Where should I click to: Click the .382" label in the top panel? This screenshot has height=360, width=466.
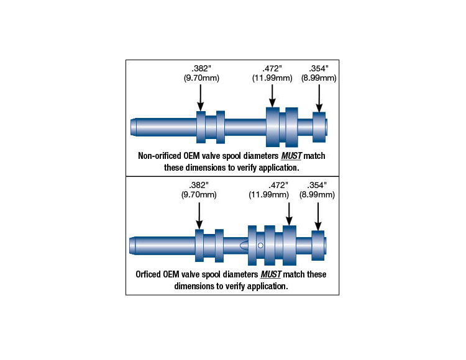(201, 68)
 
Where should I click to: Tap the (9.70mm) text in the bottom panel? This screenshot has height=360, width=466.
(199, 194)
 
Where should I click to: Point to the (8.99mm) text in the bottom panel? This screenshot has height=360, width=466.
(318, 194)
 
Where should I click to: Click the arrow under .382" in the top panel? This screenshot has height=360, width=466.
(201, 97)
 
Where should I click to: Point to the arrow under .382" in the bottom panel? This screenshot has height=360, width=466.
(199, 215)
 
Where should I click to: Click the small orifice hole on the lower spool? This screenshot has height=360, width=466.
(261, 246)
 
